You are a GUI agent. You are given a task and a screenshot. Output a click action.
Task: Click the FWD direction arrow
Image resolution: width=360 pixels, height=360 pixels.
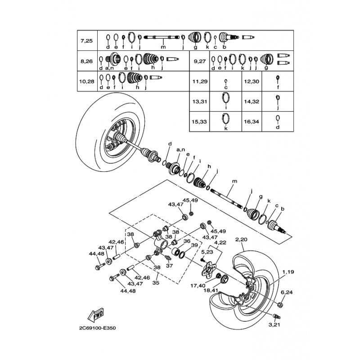point(95,315)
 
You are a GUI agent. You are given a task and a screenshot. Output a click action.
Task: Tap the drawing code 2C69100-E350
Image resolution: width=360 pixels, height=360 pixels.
point(97,328)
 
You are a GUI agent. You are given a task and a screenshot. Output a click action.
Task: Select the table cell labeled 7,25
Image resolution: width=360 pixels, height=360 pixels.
point(87,40)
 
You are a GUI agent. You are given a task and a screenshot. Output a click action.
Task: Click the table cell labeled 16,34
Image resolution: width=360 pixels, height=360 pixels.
point(252,121)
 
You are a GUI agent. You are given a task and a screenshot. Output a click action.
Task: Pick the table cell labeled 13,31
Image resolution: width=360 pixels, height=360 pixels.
point(199,102)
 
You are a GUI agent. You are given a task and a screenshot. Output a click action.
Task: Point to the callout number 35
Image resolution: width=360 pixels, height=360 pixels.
point(156,283)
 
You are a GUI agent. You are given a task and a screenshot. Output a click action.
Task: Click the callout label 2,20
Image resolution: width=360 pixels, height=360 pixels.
point(241,239)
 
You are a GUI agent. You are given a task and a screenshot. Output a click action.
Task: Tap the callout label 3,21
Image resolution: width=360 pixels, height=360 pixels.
point(274,324)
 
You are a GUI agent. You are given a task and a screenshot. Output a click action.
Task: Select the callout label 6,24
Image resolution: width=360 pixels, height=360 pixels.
point(287,292)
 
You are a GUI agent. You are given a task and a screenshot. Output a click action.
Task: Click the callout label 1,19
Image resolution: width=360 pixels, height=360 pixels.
point(288,272)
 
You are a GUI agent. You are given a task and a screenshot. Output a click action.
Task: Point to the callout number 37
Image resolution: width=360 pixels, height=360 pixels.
point(170,265)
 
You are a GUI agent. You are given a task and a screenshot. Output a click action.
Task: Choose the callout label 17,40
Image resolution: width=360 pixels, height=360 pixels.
point(198,286)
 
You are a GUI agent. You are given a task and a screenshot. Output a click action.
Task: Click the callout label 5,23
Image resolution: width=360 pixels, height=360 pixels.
point(207,252)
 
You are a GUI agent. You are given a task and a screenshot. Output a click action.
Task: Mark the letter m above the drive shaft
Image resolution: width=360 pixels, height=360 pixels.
point(234,181)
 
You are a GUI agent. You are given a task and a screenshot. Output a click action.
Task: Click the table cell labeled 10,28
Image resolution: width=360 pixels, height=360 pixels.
point(87,81)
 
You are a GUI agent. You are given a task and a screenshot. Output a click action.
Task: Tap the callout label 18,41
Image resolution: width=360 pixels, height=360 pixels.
point(211,290)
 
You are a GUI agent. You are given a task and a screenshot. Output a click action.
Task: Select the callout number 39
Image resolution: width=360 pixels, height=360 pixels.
point(194,245)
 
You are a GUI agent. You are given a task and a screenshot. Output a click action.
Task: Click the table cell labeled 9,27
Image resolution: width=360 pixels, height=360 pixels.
point(199,61)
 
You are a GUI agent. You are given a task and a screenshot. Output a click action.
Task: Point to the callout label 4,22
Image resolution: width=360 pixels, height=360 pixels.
point(220,243)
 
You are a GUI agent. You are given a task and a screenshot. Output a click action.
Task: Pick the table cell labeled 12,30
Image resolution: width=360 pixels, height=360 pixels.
point(252,81)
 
